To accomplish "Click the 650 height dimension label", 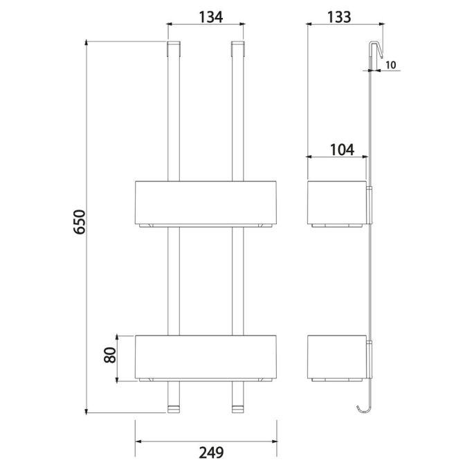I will pyautogui.click(x=80, y=222).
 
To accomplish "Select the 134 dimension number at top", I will pyautogui.click(x=206, y=17).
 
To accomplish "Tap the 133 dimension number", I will pyautogui.click(x=339, y=17).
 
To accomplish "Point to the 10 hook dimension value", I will pyautogui.click(x=390, y=65).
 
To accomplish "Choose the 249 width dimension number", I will pyautogui.click(x=206, y=453).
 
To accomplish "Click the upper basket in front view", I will pyautogui.click(x=206, y=202).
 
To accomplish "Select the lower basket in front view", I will pyautogui.click(x=206, y=356).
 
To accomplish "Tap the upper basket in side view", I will pyautogui.click(x=336, y=202).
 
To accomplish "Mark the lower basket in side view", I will pyautogui.click(x=336, y=356).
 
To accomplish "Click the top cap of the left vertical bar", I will pyautogui.click(x=174, y=49).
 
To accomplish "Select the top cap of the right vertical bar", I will pyautogui.click(x=237, y=49).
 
